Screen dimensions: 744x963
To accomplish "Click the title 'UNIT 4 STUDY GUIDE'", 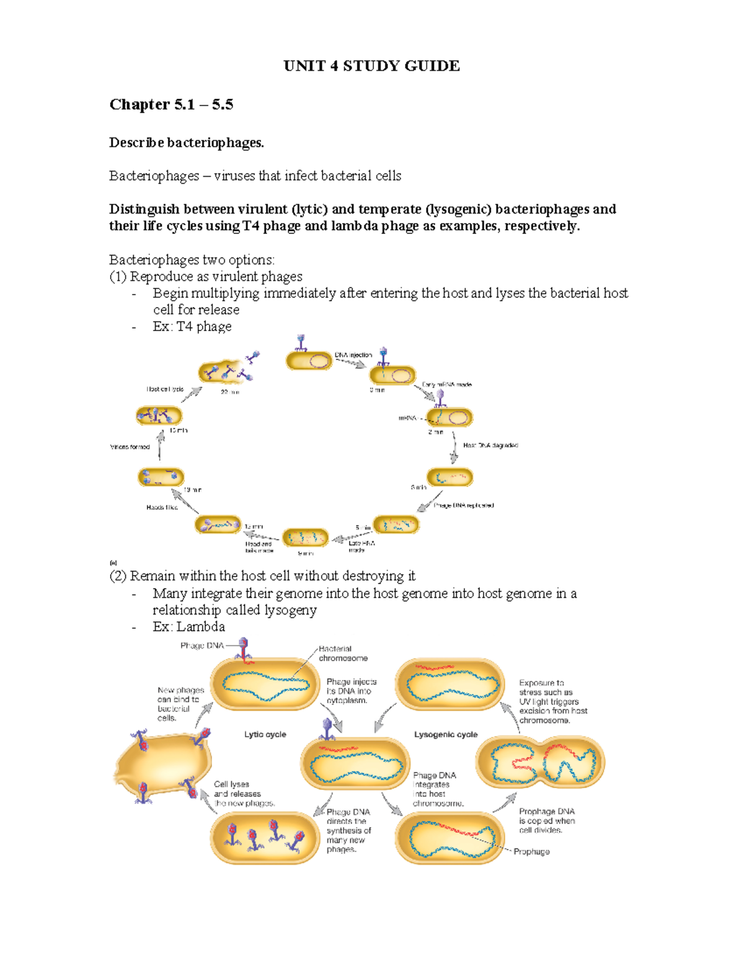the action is point(371,66).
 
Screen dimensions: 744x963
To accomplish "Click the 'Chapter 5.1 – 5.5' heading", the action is point(171,104).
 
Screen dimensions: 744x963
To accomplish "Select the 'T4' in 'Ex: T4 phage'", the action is point(185,326).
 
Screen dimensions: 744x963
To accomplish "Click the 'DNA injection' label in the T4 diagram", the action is point(353,355).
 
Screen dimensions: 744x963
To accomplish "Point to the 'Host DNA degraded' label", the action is point(490,445).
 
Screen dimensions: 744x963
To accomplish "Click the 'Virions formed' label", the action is point(130,446).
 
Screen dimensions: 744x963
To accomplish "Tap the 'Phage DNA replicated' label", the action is point(464,505).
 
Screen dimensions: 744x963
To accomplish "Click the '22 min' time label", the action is point(230,392).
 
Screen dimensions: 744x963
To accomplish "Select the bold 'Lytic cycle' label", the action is point(265,734).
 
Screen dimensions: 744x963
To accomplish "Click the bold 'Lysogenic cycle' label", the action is point(446,734).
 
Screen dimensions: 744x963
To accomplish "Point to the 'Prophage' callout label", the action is point(531,851).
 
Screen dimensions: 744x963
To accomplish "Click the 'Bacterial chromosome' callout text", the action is point(343,653).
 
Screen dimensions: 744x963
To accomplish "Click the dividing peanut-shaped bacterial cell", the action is point(540,763).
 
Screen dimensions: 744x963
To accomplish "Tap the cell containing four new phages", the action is point(264,838).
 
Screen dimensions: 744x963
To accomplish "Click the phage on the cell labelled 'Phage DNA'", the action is point(244,649).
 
